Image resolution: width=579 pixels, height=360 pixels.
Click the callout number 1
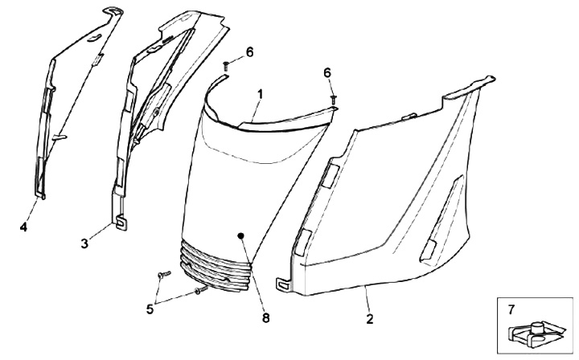point(260,95)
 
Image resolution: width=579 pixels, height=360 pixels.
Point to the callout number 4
point(24,228)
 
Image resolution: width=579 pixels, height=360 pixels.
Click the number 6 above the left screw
point(249,51)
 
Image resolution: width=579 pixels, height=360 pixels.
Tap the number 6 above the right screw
point(326,72)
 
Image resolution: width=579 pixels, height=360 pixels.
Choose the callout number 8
point(266,317)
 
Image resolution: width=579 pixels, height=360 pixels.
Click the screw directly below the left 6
point(227,66)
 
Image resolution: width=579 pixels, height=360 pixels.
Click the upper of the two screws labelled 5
point(163,276)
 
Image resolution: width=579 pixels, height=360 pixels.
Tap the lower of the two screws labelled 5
point(199,290)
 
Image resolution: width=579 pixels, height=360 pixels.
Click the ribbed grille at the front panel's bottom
point(217,261)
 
